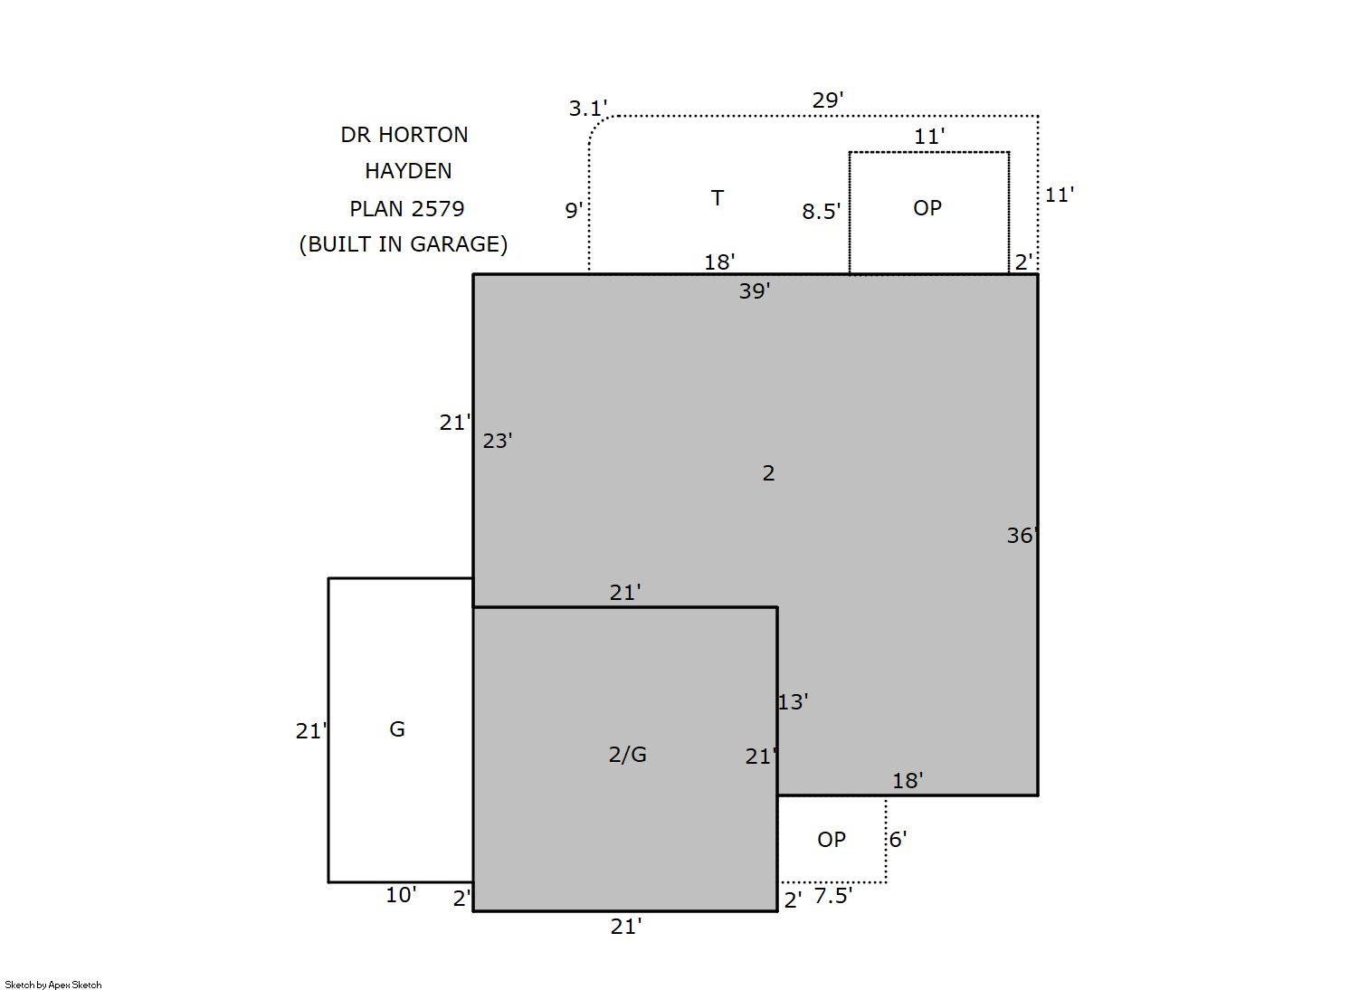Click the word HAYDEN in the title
[408, 171]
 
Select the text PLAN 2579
[407, 209]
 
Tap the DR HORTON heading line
[404, 135]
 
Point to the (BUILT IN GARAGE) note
[404, 244]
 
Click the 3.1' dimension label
[587, 109]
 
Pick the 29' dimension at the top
[828, 100]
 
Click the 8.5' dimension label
[821, 212]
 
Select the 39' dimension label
[755, 291]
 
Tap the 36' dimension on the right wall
[1022, 536]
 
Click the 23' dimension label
[498, 442]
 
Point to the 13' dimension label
[793, 702]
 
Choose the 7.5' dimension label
[833, 897]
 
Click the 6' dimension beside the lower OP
[898, 839]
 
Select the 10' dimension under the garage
[401, 895]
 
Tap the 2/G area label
[627, 754]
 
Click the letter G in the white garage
[397, 729]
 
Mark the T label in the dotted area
[718, 198]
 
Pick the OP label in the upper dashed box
[927, 208]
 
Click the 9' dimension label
[574, 211]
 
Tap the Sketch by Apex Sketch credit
[53, 985]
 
